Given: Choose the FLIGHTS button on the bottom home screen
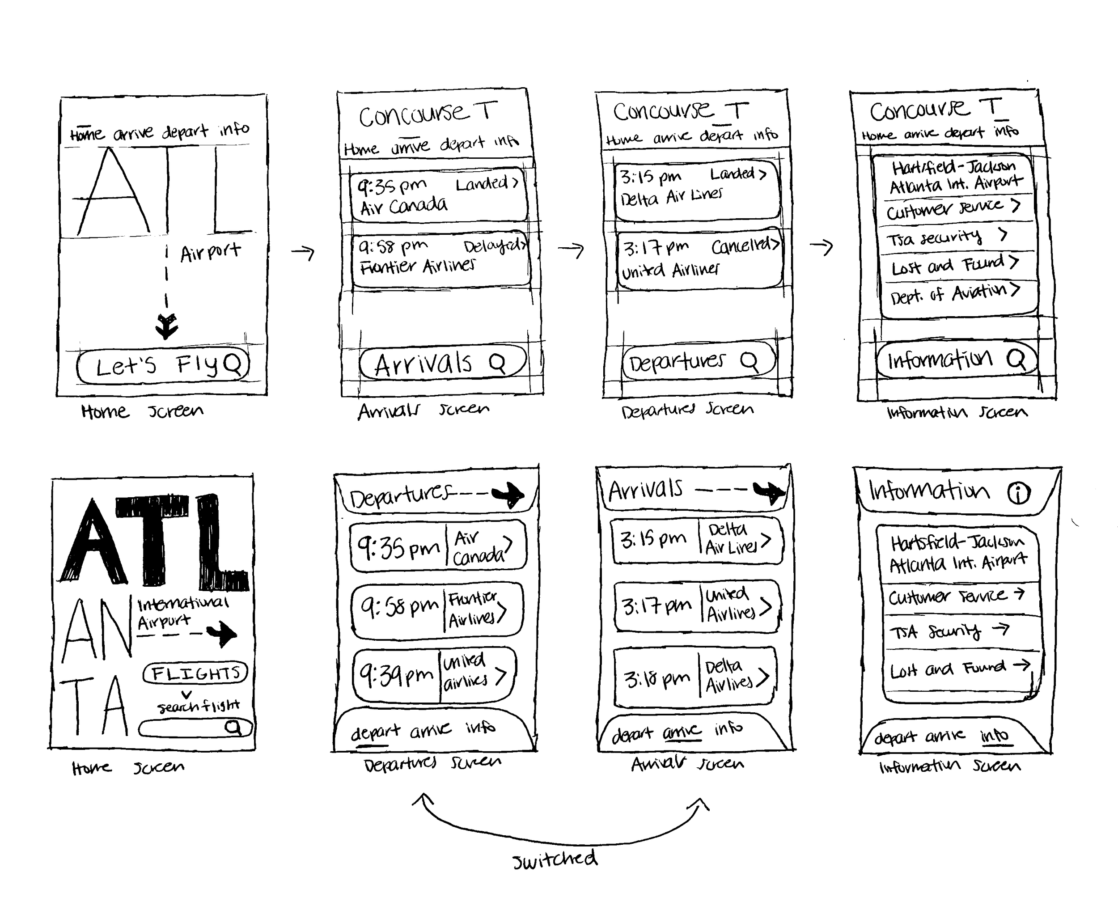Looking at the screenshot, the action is [x=195, y=673].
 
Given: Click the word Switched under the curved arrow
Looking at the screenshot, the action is [x=555, y=859].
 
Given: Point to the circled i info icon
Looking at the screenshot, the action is [x=1018, y=493].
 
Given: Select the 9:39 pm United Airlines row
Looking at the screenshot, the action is [x=434, y=675].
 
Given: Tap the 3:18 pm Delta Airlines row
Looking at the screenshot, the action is [x=695, y=676].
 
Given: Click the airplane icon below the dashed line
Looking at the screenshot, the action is [x=167, y=326].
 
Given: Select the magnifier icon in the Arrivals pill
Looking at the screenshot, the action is [x=496, y=363].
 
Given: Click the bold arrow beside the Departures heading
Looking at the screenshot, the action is [x=507, y=494].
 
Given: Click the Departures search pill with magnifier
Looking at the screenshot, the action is [x=698, y=360].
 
